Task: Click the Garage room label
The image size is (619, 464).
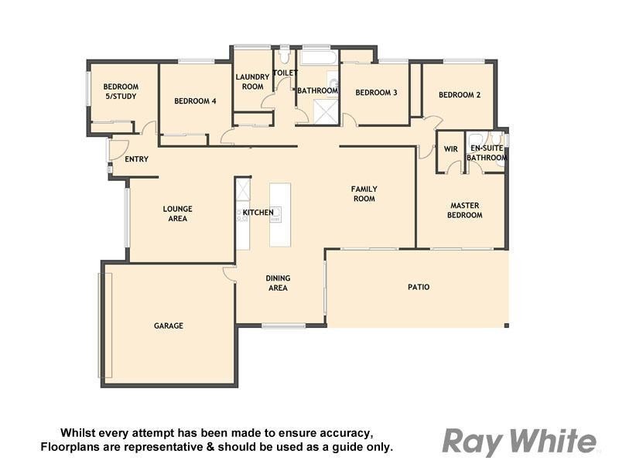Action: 168,326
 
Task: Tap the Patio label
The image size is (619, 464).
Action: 419,287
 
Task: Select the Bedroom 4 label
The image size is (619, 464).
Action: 195,101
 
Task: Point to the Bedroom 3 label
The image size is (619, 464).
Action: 376,93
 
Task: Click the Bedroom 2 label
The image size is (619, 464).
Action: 460,95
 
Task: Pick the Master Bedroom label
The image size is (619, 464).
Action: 466,210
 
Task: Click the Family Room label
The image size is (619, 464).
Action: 364,193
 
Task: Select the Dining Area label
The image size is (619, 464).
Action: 277,283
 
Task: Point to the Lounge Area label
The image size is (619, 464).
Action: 177,213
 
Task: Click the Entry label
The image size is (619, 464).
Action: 136,159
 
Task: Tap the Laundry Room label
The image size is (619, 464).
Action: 252,81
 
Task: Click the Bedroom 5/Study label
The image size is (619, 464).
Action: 121,91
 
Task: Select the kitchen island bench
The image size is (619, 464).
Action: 280,214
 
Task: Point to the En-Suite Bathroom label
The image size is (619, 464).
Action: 487,152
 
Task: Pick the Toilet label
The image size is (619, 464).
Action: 286,73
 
